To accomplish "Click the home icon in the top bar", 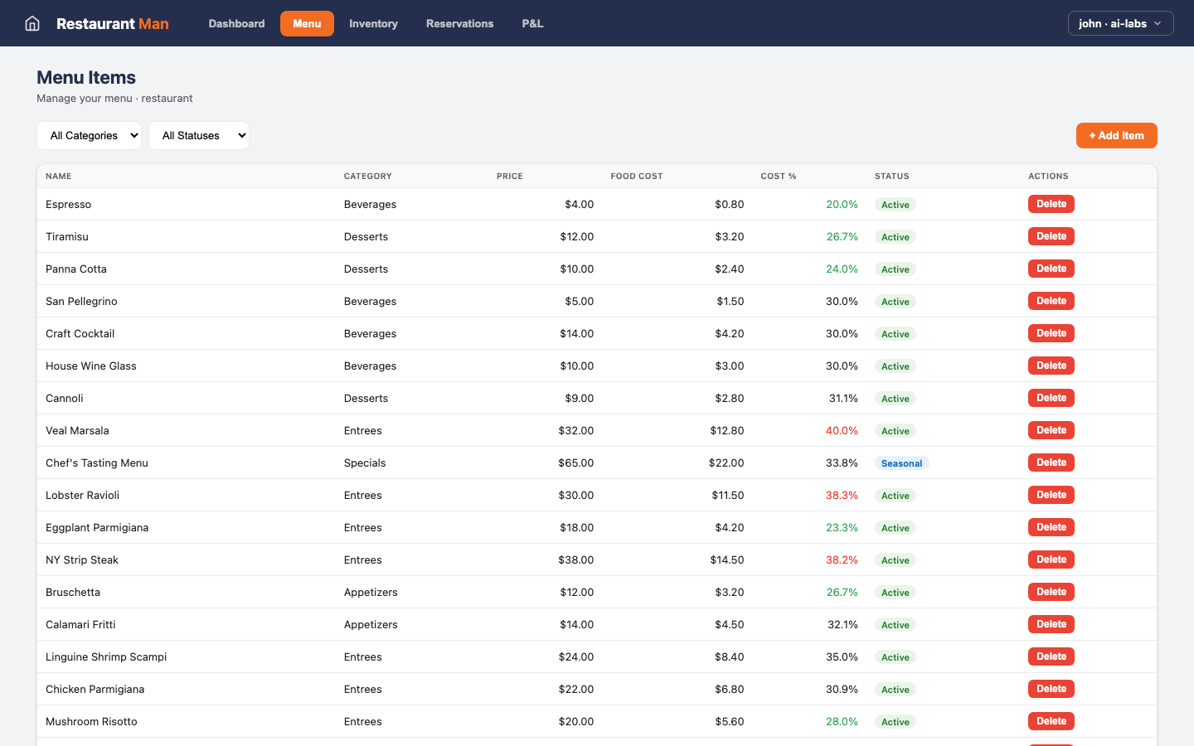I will (x=32, y=23).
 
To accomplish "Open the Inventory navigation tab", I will (x=373, y=23).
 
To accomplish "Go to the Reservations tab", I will (x=459, y=23).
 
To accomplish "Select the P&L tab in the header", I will (x=532, y=23).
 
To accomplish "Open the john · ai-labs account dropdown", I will (x=1120, y=23).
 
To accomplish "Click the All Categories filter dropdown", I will (x=89, y=135).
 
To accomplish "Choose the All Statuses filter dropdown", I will (x=199, y=135).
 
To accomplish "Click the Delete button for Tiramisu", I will (x=1051, y=236).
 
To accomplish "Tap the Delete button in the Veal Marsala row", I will (x=1051, y=430).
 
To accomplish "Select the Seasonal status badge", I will (x=901, y=463).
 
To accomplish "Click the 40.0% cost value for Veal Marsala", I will (x=842, y=430).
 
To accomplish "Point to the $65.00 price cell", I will (x=575, y=463).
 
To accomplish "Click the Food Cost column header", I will (x=637, y=176).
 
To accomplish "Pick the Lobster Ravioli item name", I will (x=83, y=495).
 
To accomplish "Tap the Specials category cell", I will (x=365, y=463).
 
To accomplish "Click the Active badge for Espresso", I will (x=895, y=205).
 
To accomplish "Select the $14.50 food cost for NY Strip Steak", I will (x=726, y=559).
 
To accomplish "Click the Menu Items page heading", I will (x=86, y=77).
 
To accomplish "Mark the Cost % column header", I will (x=778, y=176).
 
